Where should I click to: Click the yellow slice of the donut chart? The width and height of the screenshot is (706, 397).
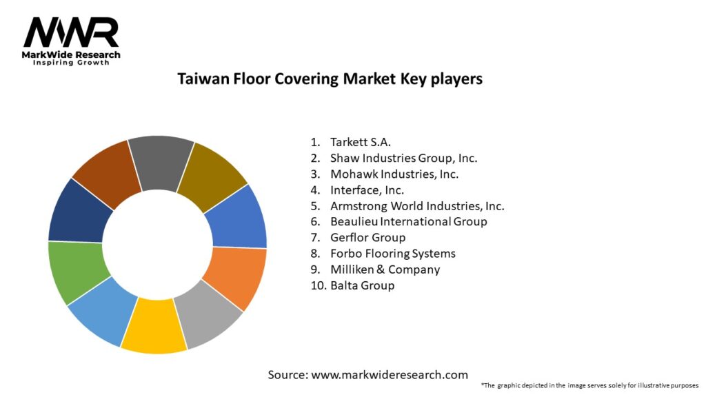click(x=154, y=325)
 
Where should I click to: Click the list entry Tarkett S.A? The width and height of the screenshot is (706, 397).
click(x=360, y=142)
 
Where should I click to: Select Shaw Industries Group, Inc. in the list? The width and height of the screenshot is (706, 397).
click(x=403, y=158)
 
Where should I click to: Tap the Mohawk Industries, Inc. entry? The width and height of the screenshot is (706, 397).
click(x=394, y=174)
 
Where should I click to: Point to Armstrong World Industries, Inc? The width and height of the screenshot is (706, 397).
click(x=417, y=205)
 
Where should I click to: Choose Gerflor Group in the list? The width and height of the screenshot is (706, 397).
click(x=367, y=238)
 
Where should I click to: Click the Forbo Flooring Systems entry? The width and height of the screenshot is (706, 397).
click(x=392, y=254)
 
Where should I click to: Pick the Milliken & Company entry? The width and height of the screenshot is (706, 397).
click(x=385, y=269)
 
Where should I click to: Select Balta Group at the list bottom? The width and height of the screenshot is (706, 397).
click(x=362, y=285)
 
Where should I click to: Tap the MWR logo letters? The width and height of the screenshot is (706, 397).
click(x=71, y=33)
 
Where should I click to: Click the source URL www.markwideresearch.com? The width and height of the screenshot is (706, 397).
click(x=390, y=374)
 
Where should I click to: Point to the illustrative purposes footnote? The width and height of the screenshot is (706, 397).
click(x=590, y=386)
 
